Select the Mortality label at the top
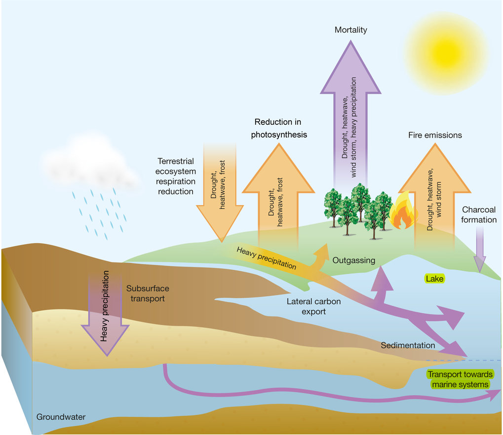350,30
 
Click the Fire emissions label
435,135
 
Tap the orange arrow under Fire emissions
434,197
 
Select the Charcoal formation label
479,215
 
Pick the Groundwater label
61,417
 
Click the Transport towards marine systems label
459,379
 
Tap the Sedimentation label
408,345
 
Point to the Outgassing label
353,260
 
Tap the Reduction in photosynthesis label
278,128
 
